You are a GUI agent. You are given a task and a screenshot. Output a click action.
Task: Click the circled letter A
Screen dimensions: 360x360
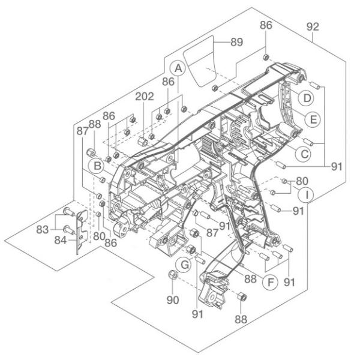pyautogui.click(x=177, y=70)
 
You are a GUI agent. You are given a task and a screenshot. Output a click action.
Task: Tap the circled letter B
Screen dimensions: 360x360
pyautogui.click(x=95, y=164)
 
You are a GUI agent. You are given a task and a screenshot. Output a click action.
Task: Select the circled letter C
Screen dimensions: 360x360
pyautogui.click(x=305, y=154)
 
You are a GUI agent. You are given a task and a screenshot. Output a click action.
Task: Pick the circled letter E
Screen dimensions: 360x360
pyautogui.click(x=310, y=119)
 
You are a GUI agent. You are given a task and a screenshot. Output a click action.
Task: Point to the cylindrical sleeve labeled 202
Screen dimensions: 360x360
pyautogui.click(x=143, y=142)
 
